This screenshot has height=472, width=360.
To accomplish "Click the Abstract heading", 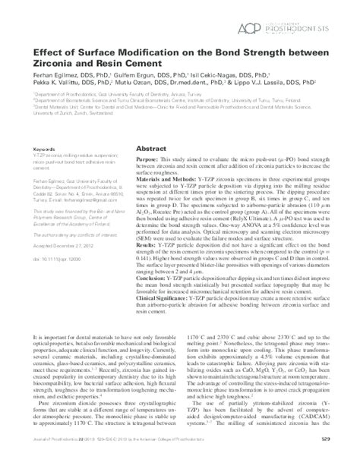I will [x=152, y=131].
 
